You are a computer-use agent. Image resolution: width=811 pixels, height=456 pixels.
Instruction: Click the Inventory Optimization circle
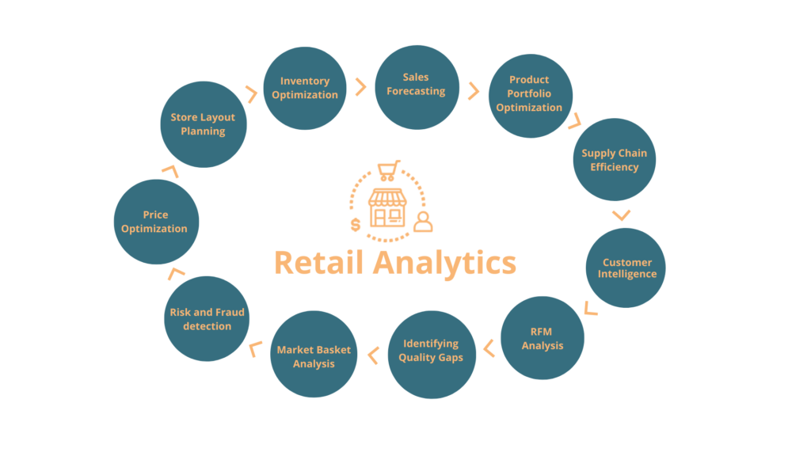(304, 88)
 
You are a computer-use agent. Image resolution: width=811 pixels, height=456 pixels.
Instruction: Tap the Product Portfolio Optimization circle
(529, 94)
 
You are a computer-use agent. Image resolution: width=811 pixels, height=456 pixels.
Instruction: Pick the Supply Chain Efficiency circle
(614, 160)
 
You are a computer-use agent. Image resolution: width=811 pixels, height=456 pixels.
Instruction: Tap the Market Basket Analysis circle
(314, 357)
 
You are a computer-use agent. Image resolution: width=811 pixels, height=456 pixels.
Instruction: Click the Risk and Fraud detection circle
(208, 318)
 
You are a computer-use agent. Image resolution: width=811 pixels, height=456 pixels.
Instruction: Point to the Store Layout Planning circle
(203, 125)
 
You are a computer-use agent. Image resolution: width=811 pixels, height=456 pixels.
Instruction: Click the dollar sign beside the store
(356, 225)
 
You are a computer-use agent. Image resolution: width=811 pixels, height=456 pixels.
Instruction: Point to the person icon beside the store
(424, 221)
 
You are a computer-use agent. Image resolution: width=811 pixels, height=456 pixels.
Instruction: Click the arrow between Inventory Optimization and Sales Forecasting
(360, 86)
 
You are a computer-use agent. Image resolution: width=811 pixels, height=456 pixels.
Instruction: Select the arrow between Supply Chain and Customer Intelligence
(622, 215)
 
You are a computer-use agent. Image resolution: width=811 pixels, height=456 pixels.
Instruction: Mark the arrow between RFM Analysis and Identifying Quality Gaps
(488, 347)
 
